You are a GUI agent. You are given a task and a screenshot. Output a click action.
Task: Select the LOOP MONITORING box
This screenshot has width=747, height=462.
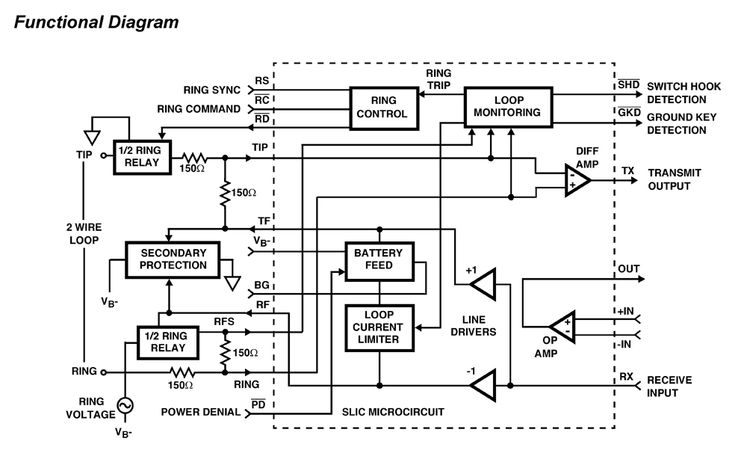(508, 106)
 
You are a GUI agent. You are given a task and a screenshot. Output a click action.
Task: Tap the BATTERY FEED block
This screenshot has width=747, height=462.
(379, 259)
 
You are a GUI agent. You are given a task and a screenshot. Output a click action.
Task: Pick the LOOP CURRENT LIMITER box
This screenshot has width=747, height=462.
(379, 327)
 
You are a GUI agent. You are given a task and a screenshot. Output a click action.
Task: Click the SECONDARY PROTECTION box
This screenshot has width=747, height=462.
(173, 259)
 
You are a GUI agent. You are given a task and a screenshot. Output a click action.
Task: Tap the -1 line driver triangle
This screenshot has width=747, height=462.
(483, 386)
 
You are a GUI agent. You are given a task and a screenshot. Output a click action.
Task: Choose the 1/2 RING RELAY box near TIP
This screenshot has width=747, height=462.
(142, 157)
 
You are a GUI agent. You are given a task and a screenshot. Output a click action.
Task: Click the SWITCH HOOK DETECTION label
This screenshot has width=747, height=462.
(684, 92)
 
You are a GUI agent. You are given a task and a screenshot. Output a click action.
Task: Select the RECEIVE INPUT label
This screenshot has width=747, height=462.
(669, 386)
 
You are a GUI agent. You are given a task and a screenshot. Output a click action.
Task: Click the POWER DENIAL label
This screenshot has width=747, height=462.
(201, 412)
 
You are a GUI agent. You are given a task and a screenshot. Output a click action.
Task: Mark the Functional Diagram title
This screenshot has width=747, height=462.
(96, 22)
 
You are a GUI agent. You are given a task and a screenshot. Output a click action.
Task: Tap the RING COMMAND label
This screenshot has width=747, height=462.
(199, 109)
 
